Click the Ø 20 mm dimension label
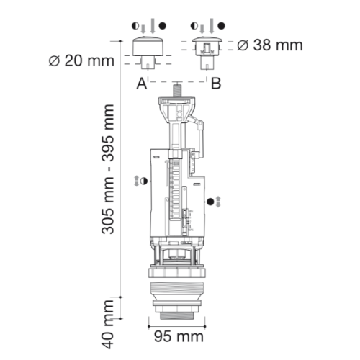pos(81,60)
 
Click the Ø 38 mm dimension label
pos(270,45)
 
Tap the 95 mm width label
pos(179,336)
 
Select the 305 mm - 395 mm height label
pos(108,169)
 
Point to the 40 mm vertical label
pos(108,324)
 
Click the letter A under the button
pos(141,84)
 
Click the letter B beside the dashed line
pos(216,84)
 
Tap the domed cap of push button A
pos(147,46)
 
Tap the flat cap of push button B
pos(207,40)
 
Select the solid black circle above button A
pos(163,26)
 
